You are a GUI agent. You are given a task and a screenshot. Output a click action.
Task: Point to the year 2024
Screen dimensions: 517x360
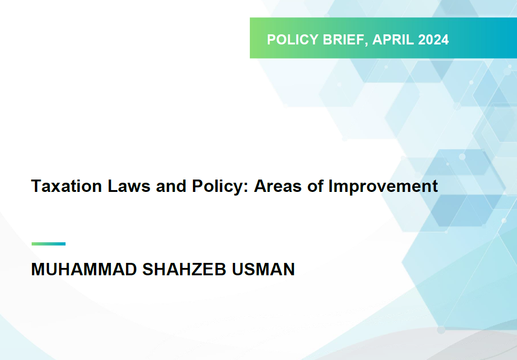click(x=433, y=39)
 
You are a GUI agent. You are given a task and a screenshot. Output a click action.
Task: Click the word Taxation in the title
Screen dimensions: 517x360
click(x=66, y=186)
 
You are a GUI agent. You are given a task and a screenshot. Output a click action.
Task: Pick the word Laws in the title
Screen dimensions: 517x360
click(x=129, y=186)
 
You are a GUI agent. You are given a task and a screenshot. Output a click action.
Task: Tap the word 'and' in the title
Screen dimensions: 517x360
click(x=171, y=186)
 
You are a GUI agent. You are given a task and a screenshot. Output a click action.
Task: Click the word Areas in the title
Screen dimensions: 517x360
click(x=278, y=186)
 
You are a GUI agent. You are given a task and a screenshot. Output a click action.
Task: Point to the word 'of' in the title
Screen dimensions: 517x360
click(x=315, y=186)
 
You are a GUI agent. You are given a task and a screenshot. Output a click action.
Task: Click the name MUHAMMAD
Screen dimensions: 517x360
click(x=84, y=269)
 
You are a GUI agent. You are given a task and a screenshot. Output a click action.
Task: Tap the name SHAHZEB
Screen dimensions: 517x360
click(x=184, y=269)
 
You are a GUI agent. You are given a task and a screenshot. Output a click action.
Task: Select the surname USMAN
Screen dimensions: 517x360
click(x=263, y=269)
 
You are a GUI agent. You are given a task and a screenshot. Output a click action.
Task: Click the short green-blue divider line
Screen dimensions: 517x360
click(x=49, y=244)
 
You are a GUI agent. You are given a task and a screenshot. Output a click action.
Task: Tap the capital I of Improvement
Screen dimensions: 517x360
click(x=331, y=186)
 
